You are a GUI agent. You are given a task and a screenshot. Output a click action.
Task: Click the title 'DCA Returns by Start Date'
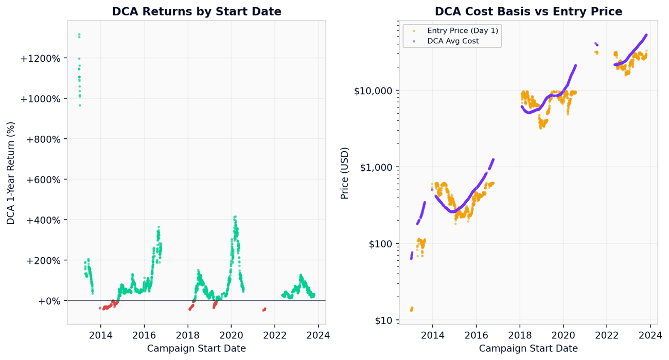point(197,11)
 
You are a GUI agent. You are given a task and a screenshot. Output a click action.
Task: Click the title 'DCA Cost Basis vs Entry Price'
point(528,11)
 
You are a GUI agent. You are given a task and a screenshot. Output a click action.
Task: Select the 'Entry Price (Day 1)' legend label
point(462,31)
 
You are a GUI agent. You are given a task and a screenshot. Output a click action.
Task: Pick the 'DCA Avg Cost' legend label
point(453,41)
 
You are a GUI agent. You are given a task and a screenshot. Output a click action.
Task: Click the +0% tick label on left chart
point(49,301)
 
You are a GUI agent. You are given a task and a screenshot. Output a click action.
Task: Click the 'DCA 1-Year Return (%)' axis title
point(11,173)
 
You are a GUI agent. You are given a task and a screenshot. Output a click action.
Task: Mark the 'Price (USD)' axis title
point(345,173)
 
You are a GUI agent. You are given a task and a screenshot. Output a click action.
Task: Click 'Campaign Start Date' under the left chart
point(197,349)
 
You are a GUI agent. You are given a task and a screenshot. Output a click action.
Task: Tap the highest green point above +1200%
point(79,34)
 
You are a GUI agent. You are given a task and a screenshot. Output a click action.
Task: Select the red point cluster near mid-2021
point(264,310)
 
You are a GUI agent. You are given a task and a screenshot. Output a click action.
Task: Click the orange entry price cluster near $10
point(411,309)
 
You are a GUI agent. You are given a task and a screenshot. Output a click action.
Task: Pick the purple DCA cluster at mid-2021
point(596,44)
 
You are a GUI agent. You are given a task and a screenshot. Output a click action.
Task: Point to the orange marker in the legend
point(414,31)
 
